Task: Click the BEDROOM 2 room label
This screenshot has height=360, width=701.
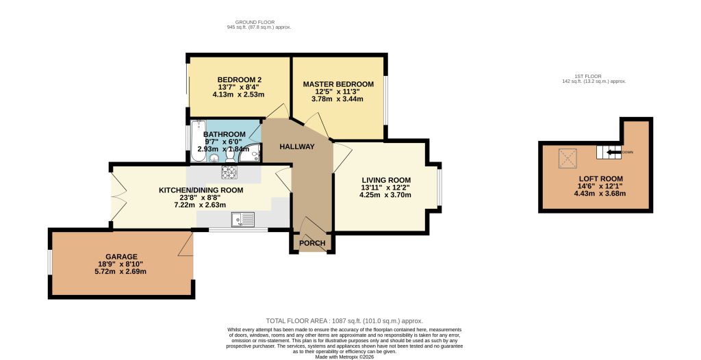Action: (x=239, y=79)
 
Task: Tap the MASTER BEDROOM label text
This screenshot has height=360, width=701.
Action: (x=338, y=84)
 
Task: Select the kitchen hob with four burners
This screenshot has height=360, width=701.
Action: (x=229, y=172)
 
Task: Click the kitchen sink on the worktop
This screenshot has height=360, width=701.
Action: (x=243, y=219)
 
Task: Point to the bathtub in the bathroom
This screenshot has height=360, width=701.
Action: (x=198, y=141)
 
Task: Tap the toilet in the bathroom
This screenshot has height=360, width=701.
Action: (x=230, y=155)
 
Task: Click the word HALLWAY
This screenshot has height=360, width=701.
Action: (x=297, y=146)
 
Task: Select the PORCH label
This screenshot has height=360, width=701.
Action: (x=312, y=243)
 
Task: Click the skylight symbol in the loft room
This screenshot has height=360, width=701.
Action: (x=568, y=158)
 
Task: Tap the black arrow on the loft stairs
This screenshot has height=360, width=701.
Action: (x=613, y=153)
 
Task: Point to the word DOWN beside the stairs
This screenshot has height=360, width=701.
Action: (x=628, y=153)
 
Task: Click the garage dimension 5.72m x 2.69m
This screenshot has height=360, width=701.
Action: (x=122, y=272)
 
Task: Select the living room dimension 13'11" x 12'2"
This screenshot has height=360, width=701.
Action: (x=385, y=188)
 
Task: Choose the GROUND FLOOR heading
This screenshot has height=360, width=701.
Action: (x=255, y=22)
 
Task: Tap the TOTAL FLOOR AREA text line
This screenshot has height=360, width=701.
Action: (x=344, y=320)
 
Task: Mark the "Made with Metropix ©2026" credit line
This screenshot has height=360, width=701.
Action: (x=344, y=357)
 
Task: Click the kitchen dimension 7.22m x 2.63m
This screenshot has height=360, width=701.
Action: (x=201, y=205)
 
